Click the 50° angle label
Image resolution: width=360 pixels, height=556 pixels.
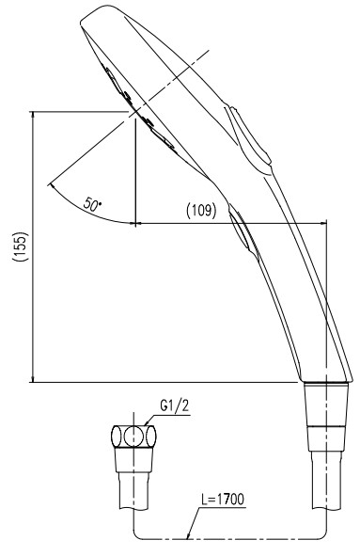coord(92,204)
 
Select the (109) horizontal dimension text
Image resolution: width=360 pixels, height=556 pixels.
coord(201,211)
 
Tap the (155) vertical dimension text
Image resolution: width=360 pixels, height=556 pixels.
coord(20,246)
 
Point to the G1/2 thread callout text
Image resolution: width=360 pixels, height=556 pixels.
coord(174,405)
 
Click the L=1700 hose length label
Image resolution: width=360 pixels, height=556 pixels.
coord(223,500)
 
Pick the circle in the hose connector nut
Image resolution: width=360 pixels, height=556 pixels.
coord(133,436)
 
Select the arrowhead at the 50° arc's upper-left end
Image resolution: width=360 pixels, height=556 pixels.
coord(53,186)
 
